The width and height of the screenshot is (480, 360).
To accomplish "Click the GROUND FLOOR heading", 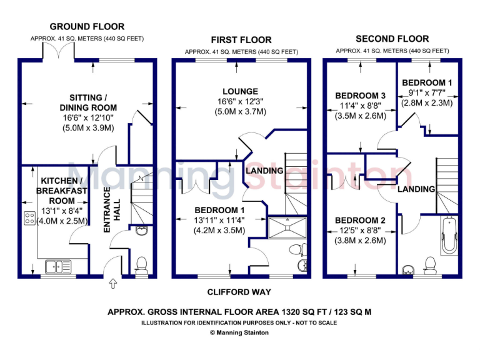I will [x=87, y=26].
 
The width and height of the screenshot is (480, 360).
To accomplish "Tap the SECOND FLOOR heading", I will [x=392, y=38].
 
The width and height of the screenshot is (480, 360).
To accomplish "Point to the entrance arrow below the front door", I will [x=112, y=284].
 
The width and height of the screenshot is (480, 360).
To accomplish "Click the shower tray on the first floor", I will [x=287, y=229].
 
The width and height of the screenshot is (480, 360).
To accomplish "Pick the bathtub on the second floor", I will [x=447, y=236].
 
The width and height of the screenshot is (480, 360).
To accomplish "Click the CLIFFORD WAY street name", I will [x=240, y=292].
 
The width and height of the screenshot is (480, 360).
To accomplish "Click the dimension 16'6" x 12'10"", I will [x=88, y=118].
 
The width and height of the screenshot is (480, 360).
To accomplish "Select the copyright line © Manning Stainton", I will [x=240, y=332].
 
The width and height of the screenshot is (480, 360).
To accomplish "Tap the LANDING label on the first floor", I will [x=264, y=170].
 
